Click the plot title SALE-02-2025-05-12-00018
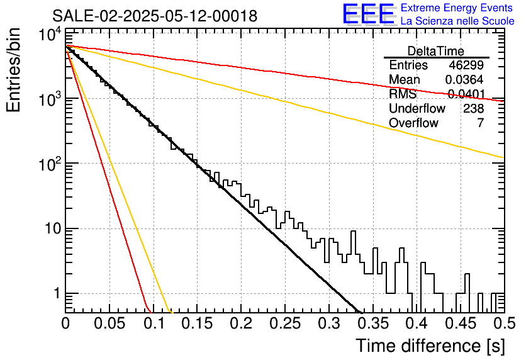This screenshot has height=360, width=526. tap(155, 16)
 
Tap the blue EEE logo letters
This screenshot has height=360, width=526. tap(368, 14)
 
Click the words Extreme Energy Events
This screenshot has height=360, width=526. tap(457, 8)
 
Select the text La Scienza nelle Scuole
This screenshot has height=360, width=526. tap(457, 21)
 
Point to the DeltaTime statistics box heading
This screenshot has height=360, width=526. tap(436, 51)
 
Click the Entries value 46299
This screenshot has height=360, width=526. tap(466, 65)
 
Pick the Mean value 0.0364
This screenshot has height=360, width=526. tap(464, 79)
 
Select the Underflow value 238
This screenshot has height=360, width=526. tap(473, 108)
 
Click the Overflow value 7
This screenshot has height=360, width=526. tap(480, 123)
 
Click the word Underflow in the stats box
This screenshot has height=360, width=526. tap(417, 108)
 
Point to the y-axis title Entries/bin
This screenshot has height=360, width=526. tap(13, 70)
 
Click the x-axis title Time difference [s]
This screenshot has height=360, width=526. tap(430, 346)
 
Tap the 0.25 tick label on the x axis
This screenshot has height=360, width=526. tap(286, 323)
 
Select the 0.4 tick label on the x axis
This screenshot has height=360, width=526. tap(417, 323)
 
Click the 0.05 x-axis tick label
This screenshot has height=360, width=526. tap(109, 323)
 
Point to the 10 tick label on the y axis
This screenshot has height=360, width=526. tap(53, 229)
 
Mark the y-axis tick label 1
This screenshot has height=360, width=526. tap(57, 293)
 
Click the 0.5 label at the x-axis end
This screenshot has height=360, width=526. tap(504, 323)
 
